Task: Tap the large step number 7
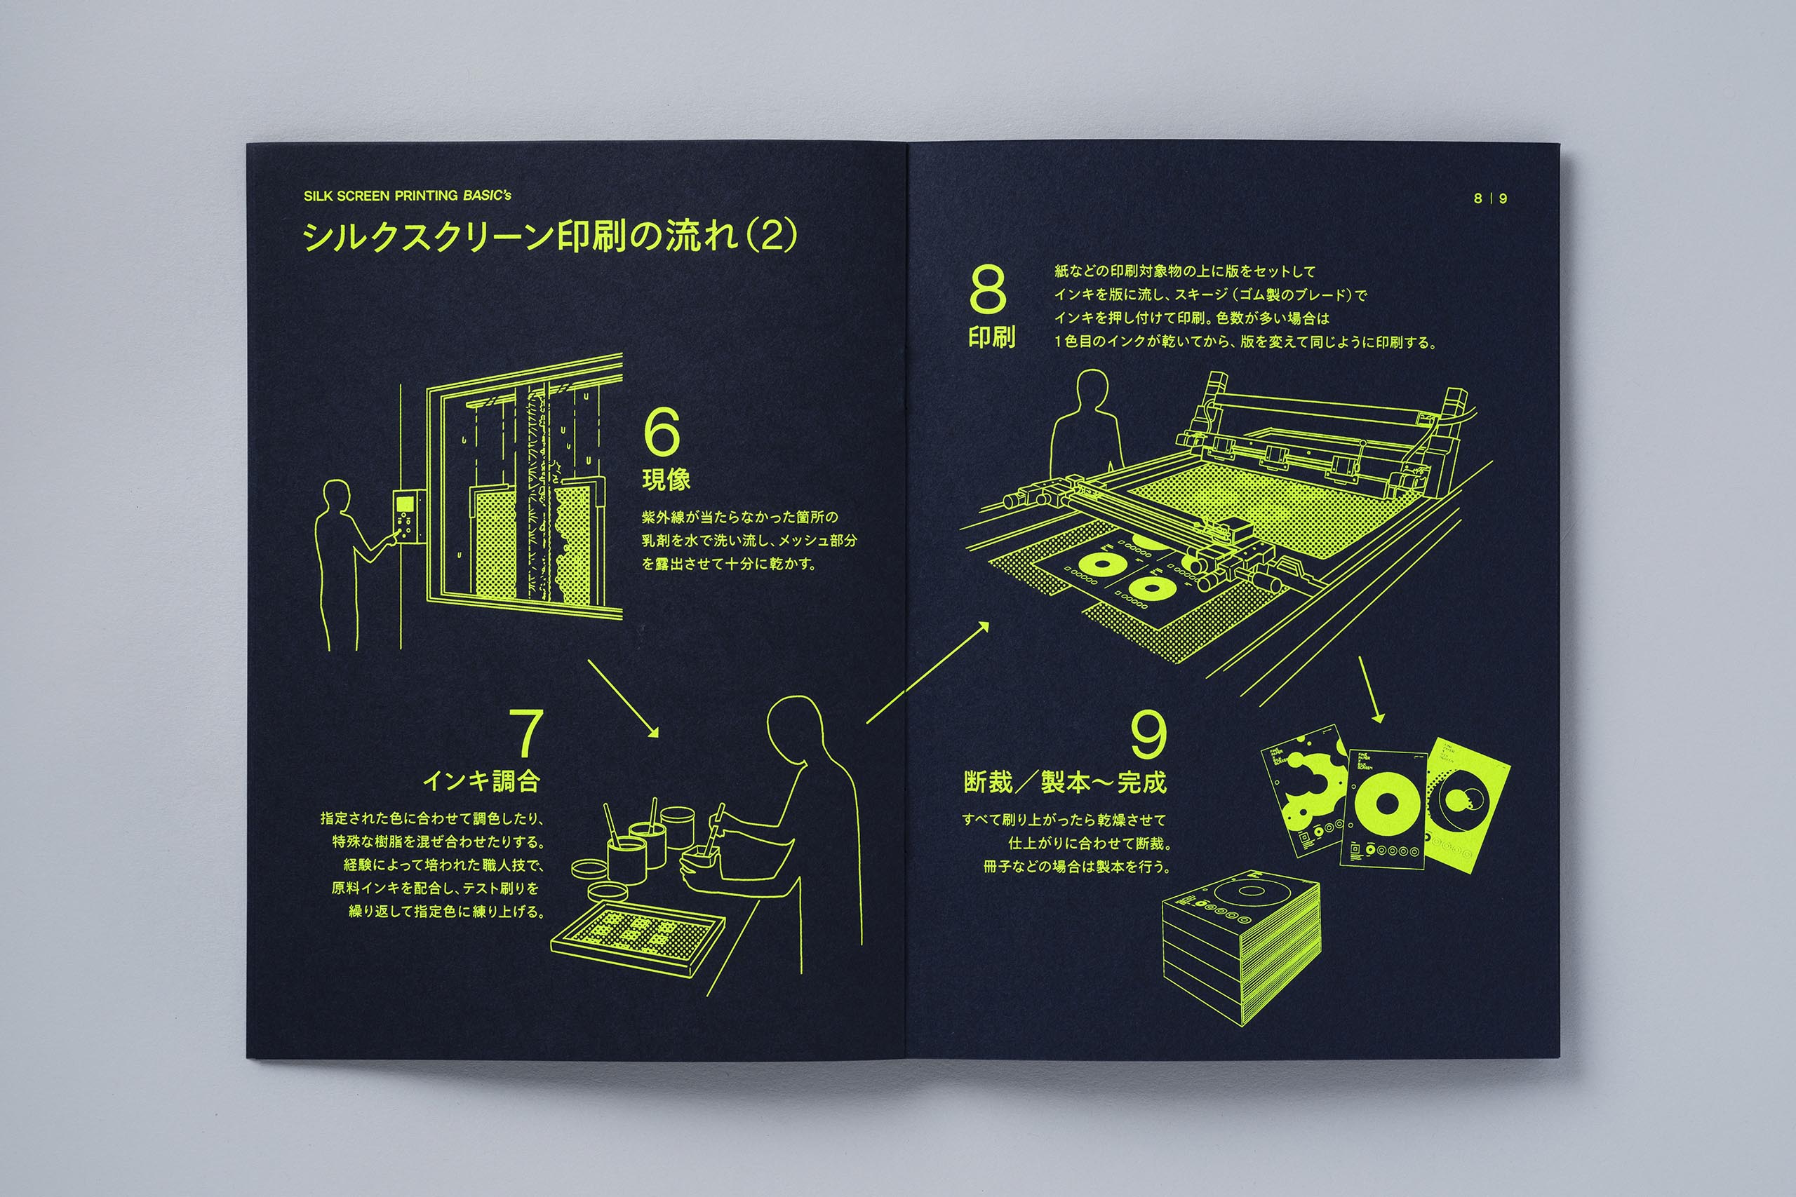click(525, 732)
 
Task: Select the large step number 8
click(987, 290)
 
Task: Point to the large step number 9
click(1148, 734)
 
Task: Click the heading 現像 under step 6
click(666, 480)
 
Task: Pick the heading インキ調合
click(481, 780)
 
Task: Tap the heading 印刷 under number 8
click(991, 337)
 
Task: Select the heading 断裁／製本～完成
click(1064, 782)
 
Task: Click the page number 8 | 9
click(1491, 198)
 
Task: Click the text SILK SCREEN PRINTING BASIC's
click(407, 196)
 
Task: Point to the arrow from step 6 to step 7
click(622, 698)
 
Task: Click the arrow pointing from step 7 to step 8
click(927, 672)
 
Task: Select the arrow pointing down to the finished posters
click(1371, 689)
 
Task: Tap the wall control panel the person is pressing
click(407, 516)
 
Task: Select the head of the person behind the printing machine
click(1092, 393)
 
